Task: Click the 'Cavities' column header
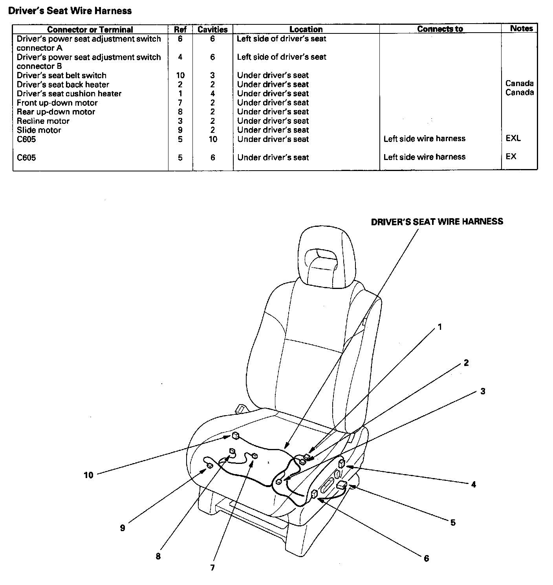[x=212, y=29]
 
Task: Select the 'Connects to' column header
[x=440, y=29]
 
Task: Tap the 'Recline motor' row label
[x=43, y=121]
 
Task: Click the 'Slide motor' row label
[x=39, y=130]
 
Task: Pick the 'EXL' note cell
[x=513, y=138]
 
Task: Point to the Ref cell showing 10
[x=180, y=75]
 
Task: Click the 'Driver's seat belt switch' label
[x=62, y=75]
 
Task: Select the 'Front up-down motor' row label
[x=57, y=103]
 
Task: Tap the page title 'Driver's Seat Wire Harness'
[x=70, y=11]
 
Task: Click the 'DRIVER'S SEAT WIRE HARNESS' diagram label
[x=437, y=222]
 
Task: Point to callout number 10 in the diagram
[x=88, y=475]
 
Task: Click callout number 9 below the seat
[x=123, y=528]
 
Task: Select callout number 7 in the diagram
[x=212, y=568]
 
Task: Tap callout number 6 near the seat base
[x=426, y=558]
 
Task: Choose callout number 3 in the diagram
[x=483, y=391]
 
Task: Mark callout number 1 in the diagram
[x=440, y=327]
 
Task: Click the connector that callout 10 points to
[x=235, y=435]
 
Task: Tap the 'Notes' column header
[x=522, y=28]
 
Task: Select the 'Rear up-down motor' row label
[x=56, y=112]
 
